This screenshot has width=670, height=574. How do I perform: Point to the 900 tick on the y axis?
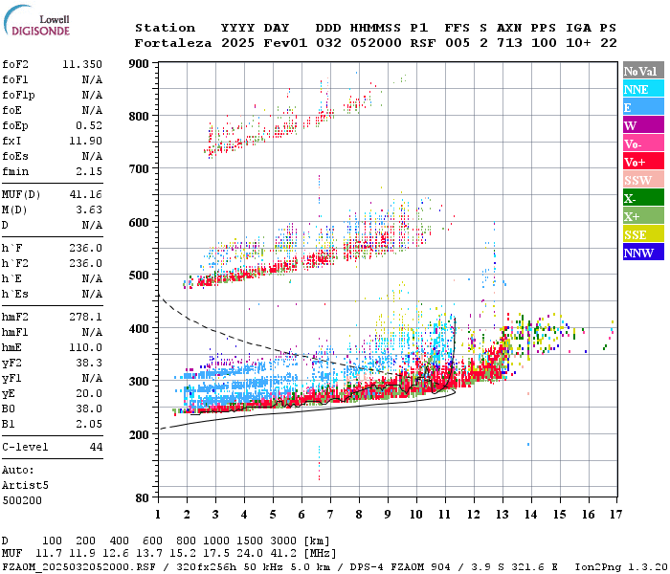(139, 64)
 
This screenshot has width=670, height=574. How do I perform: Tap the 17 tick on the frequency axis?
(614, 515)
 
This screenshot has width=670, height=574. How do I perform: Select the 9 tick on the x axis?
(387, 515)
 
